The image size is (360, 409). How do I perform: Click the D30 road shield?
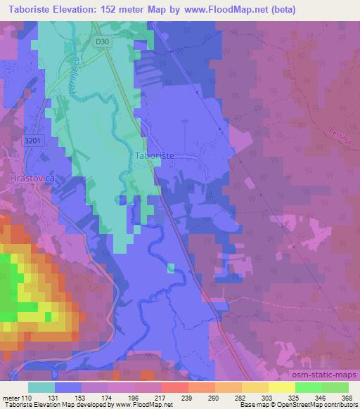103,41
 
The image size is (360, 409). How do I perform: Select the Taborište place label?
154,155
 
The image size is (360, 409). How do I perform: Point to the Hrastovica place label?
29,179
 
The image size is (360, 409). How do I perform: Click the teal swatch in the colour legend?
41,387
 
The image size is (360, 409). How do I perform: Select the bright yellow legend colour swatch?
281,387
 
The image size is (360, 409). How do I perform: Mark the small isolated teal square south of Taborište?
172,268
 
